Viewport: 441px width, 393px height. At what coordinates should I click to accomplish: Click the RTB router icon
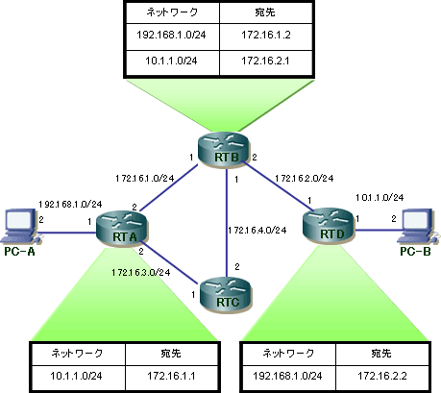[x=223, y=150]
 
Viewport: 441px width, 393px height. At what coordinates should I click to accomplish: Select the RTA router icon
[x=122, y=229]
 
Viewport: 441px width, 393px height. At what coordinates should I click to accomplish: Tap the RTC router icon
[x=226, y=295]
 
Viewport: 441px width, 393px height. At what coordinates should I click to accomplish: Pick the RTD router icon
[x=329, y=226]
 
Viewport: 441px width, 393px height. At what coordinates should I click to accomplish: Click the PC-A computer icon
[x=21, y=227]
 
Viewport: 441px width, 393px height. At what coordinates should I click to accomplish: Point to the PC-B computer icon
[x=416, y=227]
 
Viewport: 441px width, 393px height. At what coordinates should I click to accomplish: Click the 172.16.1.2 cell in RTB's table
[x=266, y=36]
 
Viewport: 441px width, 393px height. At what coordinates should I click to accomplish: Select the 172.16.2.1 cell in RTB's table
[x=266, y=61]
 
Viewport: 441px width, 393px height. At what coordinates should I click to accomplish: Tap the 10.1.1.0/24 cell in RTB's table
[x=172, y=61]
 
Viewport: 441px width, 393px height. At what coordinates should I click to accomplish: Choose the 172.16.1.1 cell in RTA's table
[x=171, y=377]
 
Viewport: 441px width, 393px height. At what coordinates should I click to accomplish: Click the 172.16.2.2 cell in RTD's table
[x=382, y=377]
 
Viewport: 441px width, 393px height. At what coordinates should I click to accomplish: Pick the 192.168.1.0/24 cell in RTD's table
[x=287, y=377]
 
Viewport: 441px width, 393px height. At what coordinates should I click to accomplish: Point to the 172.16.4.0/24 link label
[x=257, y=231]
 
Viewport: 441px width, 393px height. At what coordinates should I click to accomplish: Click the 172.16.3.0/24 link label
[x=141, y=273]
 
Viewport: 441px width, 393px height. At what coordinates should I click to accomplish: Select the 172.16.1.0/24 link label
[x=145, y=178]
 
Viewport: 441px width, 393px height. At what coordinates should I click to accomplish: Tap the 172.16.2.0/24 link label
[x=305, y=178]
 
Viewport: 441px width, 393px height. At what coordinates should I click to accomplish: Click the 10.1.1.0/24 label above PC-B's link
[x=380, y=198]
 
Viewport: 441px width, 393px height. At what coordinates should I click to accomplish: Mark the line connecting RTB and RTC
[x=227, y=223]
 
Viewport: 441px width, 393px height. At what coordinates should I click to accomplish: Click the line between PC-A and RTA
[x=68, y=233]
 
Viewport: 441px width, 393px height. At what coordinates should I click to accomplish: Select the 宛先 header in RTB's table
[x=265, y=12]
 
